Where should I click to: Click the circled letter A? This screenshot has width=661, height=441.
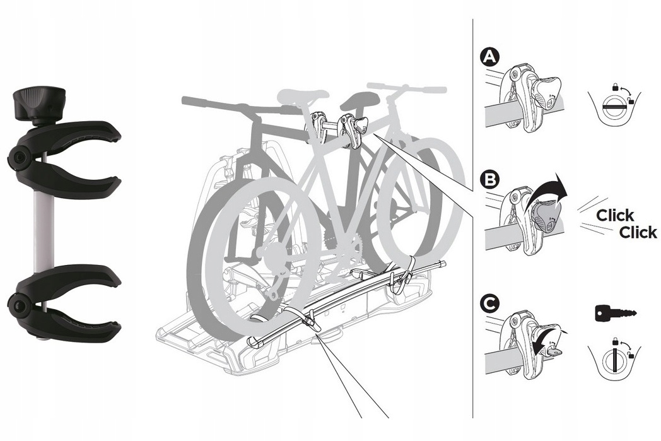point(489,58)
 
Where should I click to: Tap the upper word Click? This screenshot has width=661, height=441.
point(615,215)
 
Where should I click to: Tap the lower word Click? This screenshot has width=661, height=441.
point(638,232)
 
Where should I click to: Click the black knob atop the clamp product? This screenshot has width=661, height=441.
point(38,103)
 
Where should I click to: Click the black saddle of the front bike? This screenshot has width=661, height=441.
point(356,99)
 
